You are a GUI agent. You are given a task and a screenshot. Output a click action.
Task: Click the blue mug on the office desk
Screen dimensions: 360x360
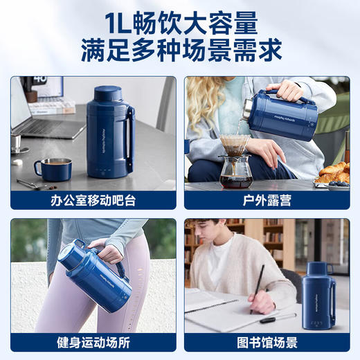53,168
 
